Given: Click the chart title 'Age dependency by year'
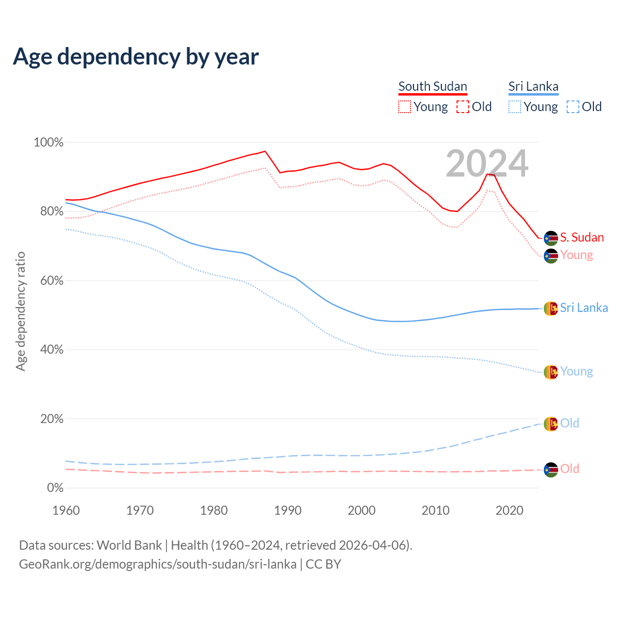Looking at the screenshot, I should tap(136, 56).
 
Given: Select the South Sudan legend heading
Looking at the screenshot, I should tap(433, 87).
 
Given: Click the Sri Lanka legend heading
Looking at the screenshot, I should tap(533, 87).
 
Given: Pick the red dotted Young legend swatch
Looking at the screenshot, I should tap(404, 107).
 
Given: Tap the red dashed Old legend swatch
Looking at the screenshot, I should tap(463, 107).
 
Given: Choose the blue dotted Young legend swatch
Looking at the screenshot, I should tap(515, 107).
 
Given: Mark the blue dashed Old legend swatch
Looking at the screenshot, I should tap(573, 107).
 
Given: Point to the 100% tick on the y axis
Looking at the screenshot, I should tap(49, 143).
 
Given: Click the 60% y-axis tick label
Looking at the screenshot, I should tap(51, 280).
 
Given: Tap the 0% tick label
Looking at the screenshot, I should tap(55, 488).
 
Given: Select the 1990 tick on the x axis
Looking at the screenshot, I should tap(288, 510).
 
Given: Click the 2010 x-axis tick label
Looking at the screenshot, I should tap(436, 510).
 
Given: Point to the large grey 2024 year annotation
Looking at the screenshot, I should tap(487, 164).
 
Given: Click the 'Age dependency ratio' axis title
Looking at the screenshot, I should tap(20, 311).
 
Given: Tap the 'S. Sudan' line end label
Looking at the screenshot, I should tap(582, 238).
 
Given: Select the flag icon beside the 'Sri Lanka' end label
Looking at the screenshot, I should tap(551, 308).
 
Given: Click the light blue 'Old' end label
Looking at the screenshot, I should tap(570, 423).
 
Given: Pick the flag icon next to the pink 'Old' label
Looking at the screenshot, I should tap(551, 470).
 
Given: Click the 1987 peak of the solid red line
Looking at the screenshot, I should tap(265, 151).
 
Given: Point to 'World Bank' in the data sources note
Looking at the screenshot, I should tap(129, 545).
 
